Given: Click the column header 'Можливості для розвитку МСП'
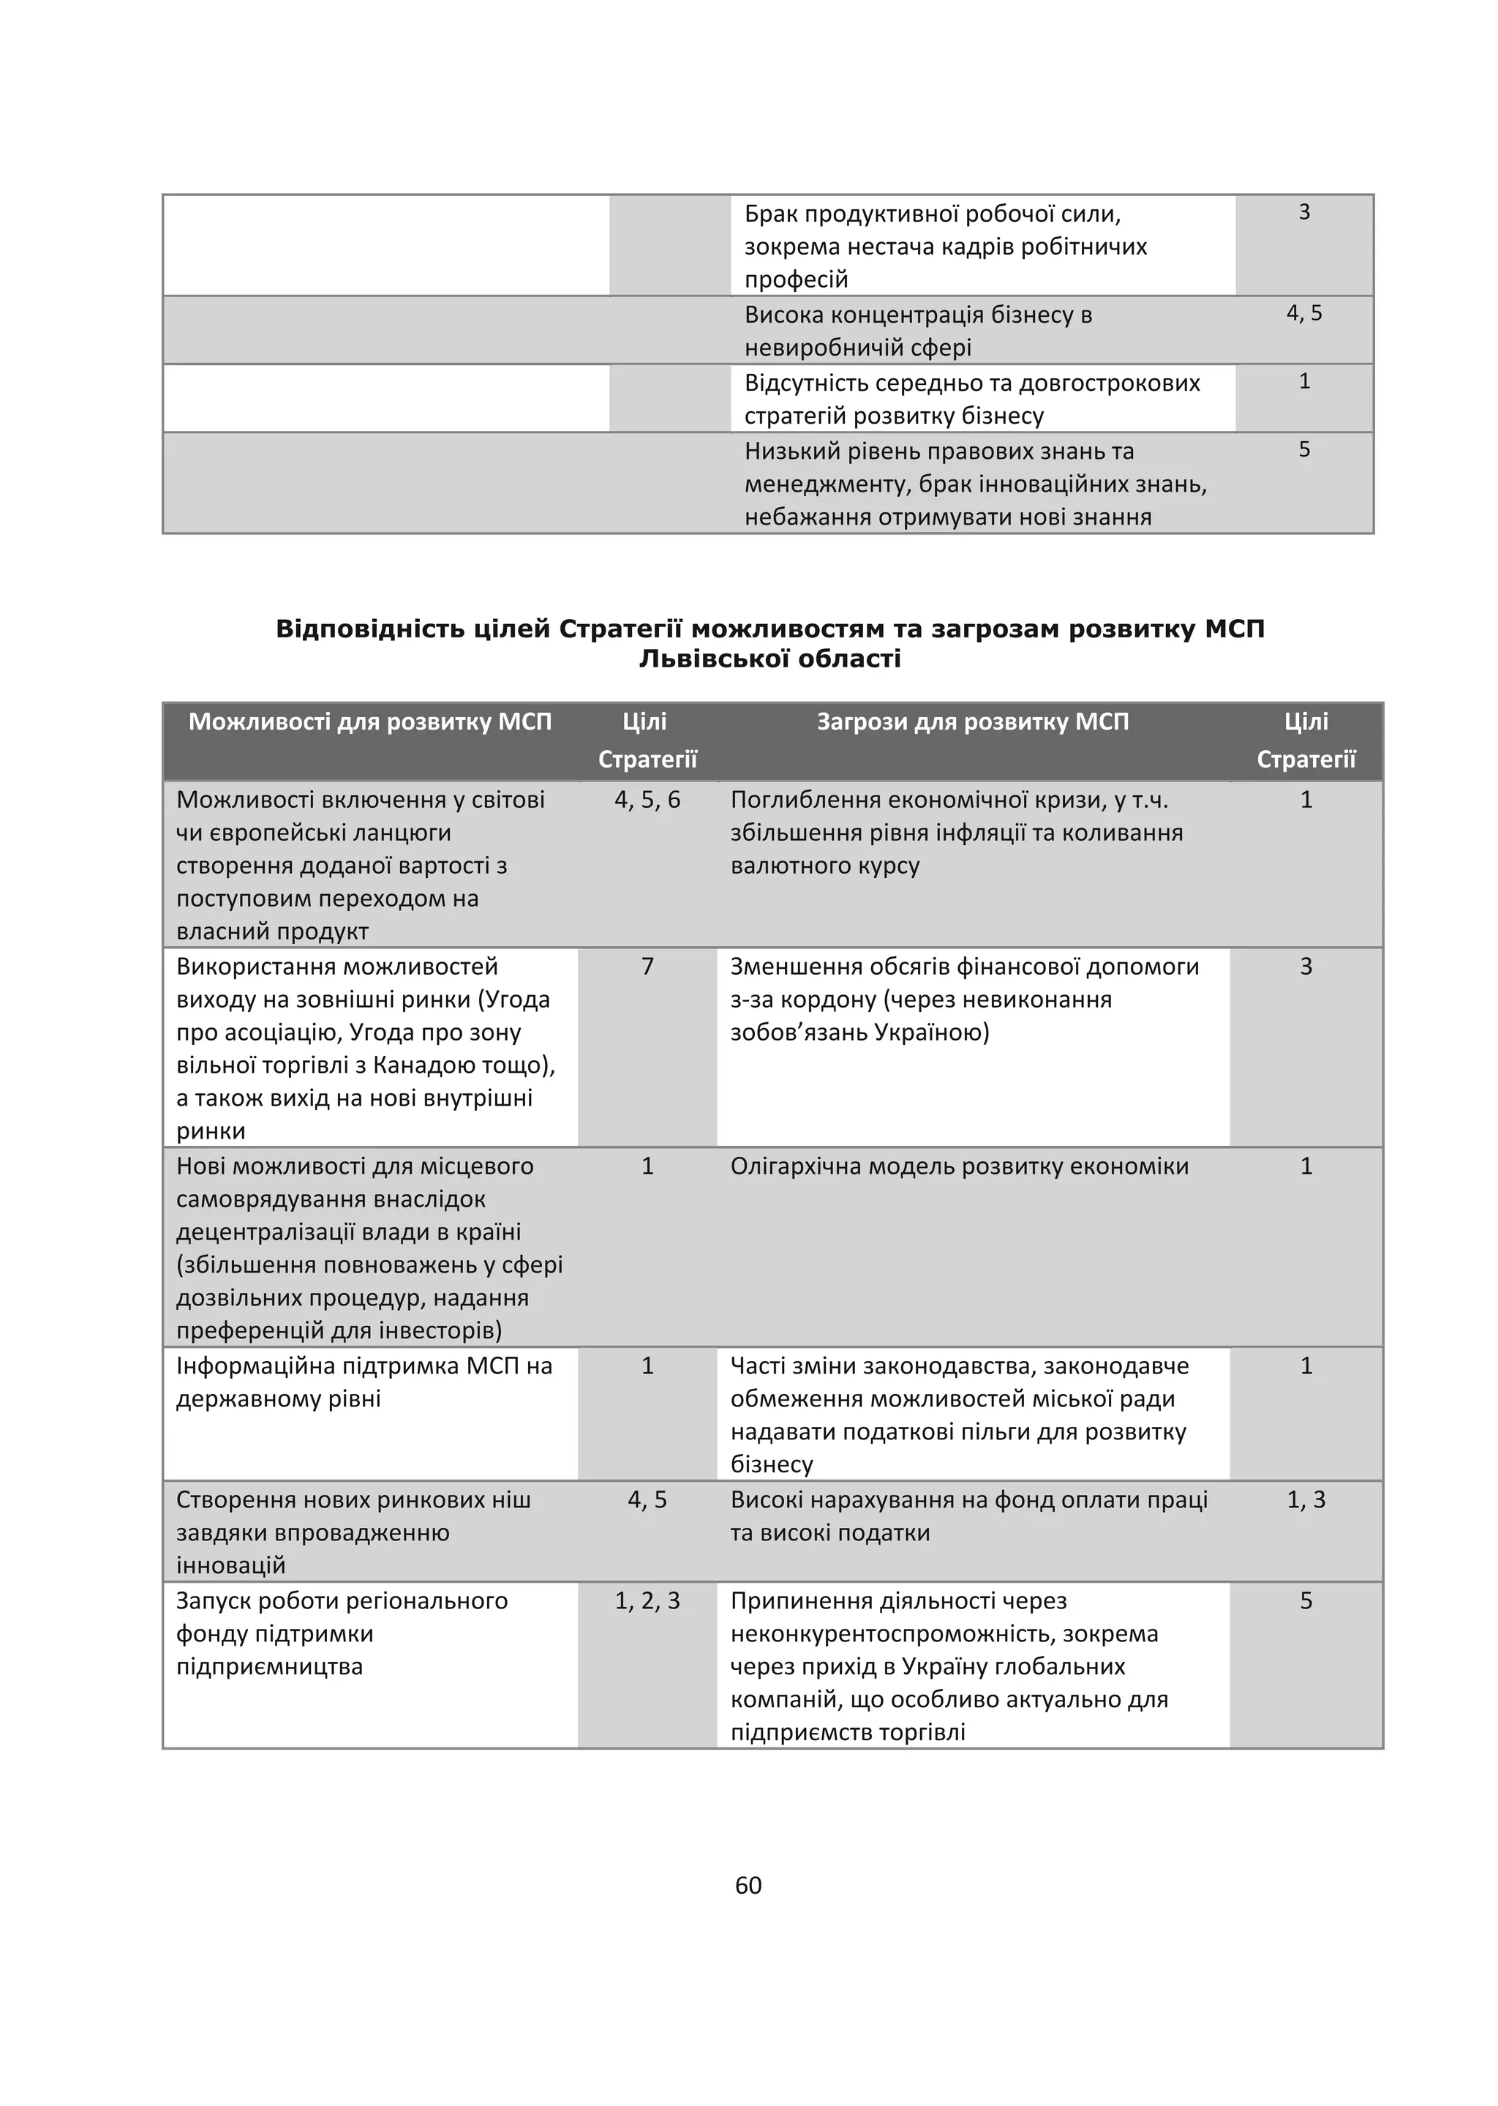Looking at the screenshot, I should (x=370, y=722).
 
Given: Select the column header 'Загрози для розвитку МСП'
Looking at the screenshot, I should (x=972, y=722).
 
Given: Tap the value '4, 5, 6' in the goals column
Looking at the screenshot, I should (x=647, y=799).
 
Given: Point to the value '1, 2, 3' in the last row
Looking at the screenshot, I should (x=647, y=1600).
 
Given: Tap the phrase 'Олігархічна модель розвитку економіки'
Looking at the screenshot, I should (x=960, y=1166).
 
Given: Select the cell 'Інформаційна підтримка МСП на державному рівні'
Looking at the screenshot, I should (x=364, y=1382).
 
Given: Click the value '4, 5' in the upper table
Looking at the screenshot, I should (x=1303, y=314).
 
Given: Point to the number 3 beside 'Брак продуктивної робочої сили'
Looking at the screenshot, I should (x=1303, y=212).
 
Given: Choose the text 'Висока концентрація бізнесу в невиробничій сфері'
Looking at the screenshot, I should (x=918, y=331).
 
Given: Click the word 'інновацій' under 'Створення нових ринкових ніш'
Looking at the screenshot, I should (x=230, y=1565).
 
